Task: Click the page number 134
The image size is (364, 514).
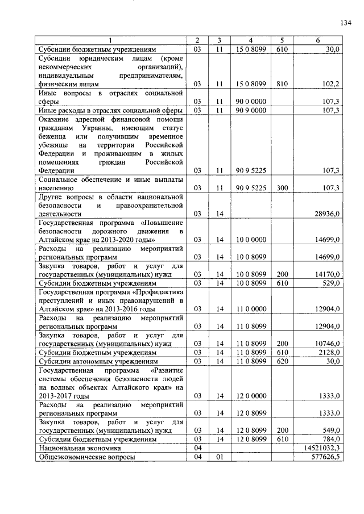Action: (x=345, y=23)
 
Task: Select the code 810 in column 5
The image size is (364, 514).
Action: (x=282, y=83)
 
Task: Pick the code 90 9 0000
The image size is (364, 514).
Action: (x=251, y=110)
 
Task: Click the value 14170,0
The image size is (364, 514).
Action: (x=327, y=274)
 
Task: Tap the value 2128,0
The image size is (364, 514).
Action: (x=329, y=352)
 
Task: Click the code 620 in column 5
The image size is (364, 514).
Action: (x=282, y=361)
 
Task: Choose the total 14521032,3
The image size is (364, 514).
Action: (x=321, y=448)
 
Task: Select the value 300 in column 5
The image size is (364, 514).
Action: (x=282, y=187)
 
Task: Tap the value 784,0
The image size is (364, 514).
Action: (x=330, y=439)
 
